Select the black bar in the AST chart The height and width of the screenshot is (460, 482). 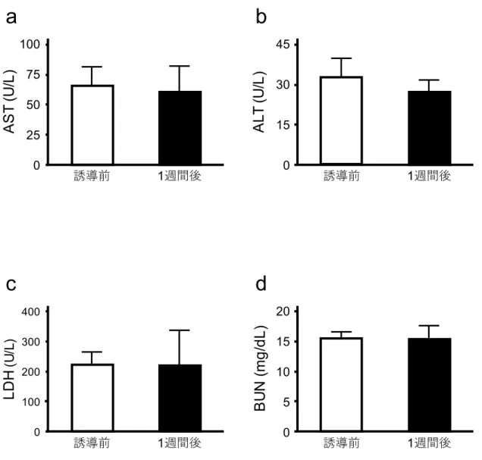click(180, 128)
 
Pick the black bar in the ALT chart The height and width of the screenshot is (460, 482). click(430, 128)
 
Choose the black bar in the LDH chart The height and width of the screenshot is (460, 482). click(180, 398)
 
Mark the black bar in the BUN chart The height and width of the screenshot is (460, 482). click(430, 385)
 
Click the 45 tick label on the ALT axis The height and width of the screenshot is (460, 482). click(283, 45)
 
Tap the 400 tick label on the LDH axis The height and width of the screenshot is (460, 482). click(31, 312)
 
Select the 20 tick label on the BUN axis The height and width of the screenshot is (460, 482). click(283, 311)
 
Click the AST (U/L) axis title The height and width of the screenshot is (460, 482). click(10, 102)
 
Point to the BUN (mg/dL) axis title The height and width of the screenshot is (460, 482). click(260, 368)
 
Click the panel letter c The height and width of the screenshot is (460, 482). click(11, 284)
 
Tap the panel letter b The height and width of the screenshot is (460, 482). click(261, 17)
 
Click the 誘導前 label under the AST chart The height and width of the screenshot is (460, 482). click(92, 176)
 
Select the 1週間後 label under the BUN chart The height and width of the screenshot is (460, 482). click(429, 443)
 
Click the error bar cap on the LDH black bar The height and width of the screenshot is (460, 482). click(179, 330)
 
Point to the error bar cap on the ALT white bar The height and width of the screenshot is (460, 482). click(341, 58)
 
